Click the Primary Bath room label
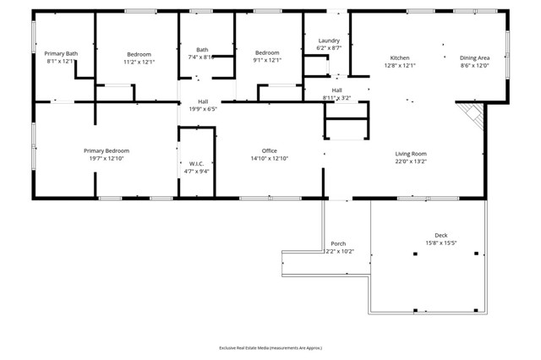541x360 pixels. click(61, 52)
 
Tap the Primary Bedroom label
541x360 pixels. click(107, 150)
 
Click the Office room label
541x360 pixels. click(270, 150)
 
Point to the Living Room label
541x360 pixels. click(411, 154)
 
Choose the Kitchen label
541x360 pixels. click(399, 57)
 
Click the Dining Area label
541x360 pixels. click(474, 57)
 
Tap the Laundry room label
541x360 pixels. click(329, 41)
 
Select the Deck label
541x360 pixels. click(441, 235)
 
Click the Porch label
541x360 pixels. click(338, 243)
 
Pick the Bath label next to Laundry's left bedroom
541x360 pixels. click(202, 49)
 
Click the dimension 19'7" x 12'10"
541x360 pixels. click(107, 159)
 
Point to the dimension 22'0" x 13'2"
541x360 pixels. click(411, 162)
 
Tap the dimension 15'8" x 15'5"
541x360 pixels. click(441, 243)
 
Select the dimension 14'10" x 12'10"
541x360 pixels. click(270, 159)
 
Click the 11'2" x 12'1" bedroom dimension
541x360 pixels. click(139, 61)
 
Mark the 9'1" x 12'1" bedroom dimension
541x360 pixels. click(267, 61)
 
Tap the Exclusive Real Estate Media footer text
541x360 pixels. click(270, 347)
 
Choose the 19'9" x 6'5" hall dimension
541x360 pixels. click(203, 109)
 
